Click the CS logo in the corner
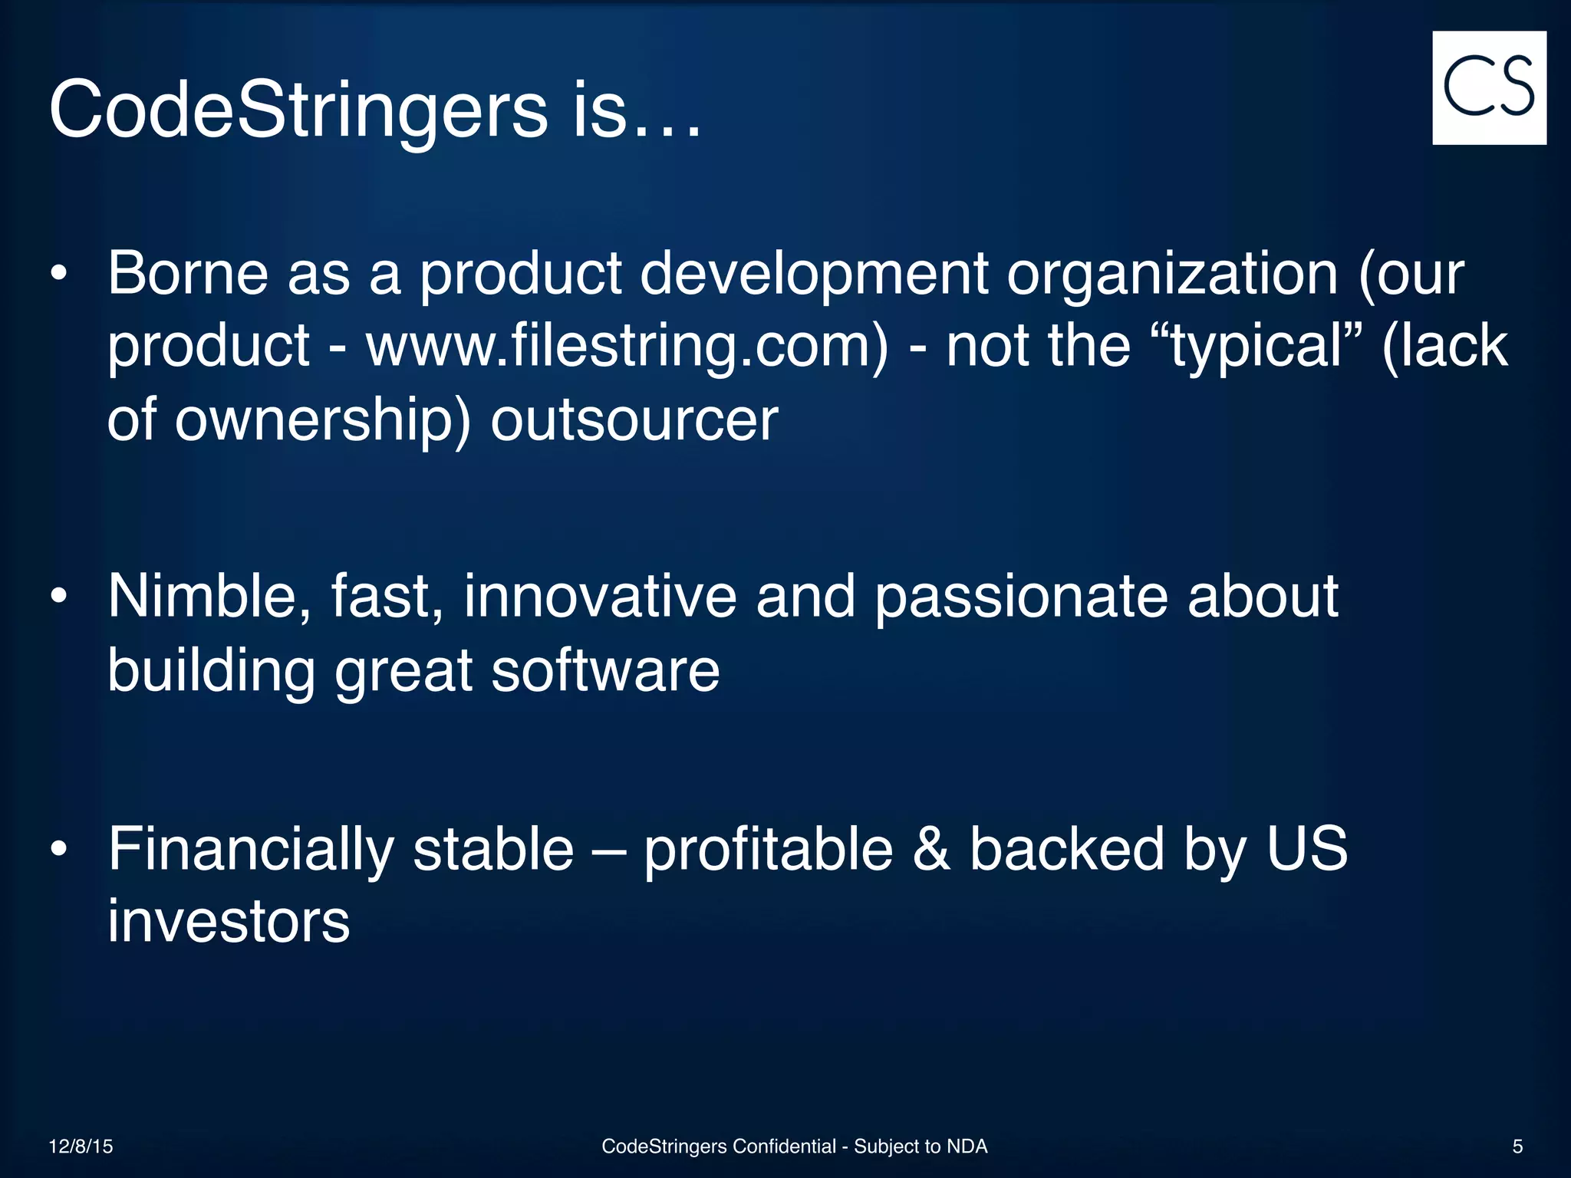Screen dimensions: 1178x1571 click(1489, 87)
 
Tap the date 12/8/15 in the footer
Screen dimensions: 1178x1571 click(81, 1146)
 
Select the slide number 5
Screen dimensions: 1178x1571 click(1517, 1146)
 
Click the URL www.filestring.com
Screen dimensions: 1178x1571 click(627, 345)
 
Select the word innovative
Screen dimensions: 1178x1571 click(600, 596)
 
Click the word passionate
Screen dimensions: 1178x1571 click(1021, 596)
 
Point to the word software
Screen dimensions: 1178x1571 click(604, 670)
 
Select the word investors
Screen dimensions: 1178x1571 click(229, 921)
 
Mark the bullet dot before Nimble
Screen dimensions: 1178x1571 click(59, 596)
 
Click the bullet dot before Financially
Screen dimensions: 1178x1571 click(59, 849)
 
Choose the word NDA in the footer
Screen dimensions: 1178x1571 click(967, 1146)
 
